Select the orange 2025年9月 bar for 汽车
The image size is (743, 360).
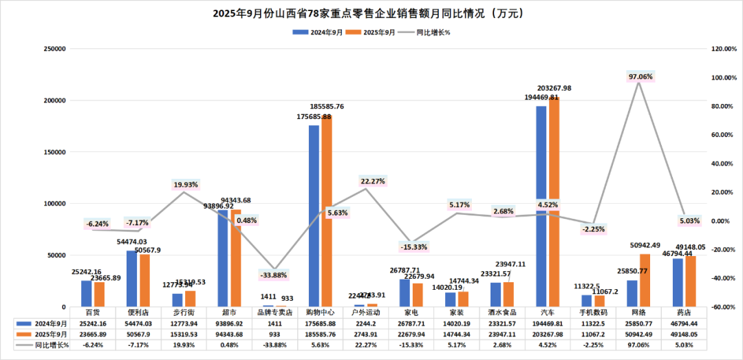tap(554, 202)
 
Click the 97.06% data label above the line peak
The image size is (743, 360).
tap(640, 76)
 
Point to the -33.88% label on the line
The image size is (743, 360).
tap(274, 275)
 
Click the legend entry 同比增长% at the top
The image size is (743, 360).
tap(433, 32)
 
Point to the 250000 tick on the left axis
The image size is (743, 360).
tap(54, 49)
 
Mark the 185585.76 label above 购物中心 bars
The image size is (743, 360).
tap(327, 107)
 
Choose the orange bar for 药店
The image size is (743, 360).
tap(691, 282)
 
